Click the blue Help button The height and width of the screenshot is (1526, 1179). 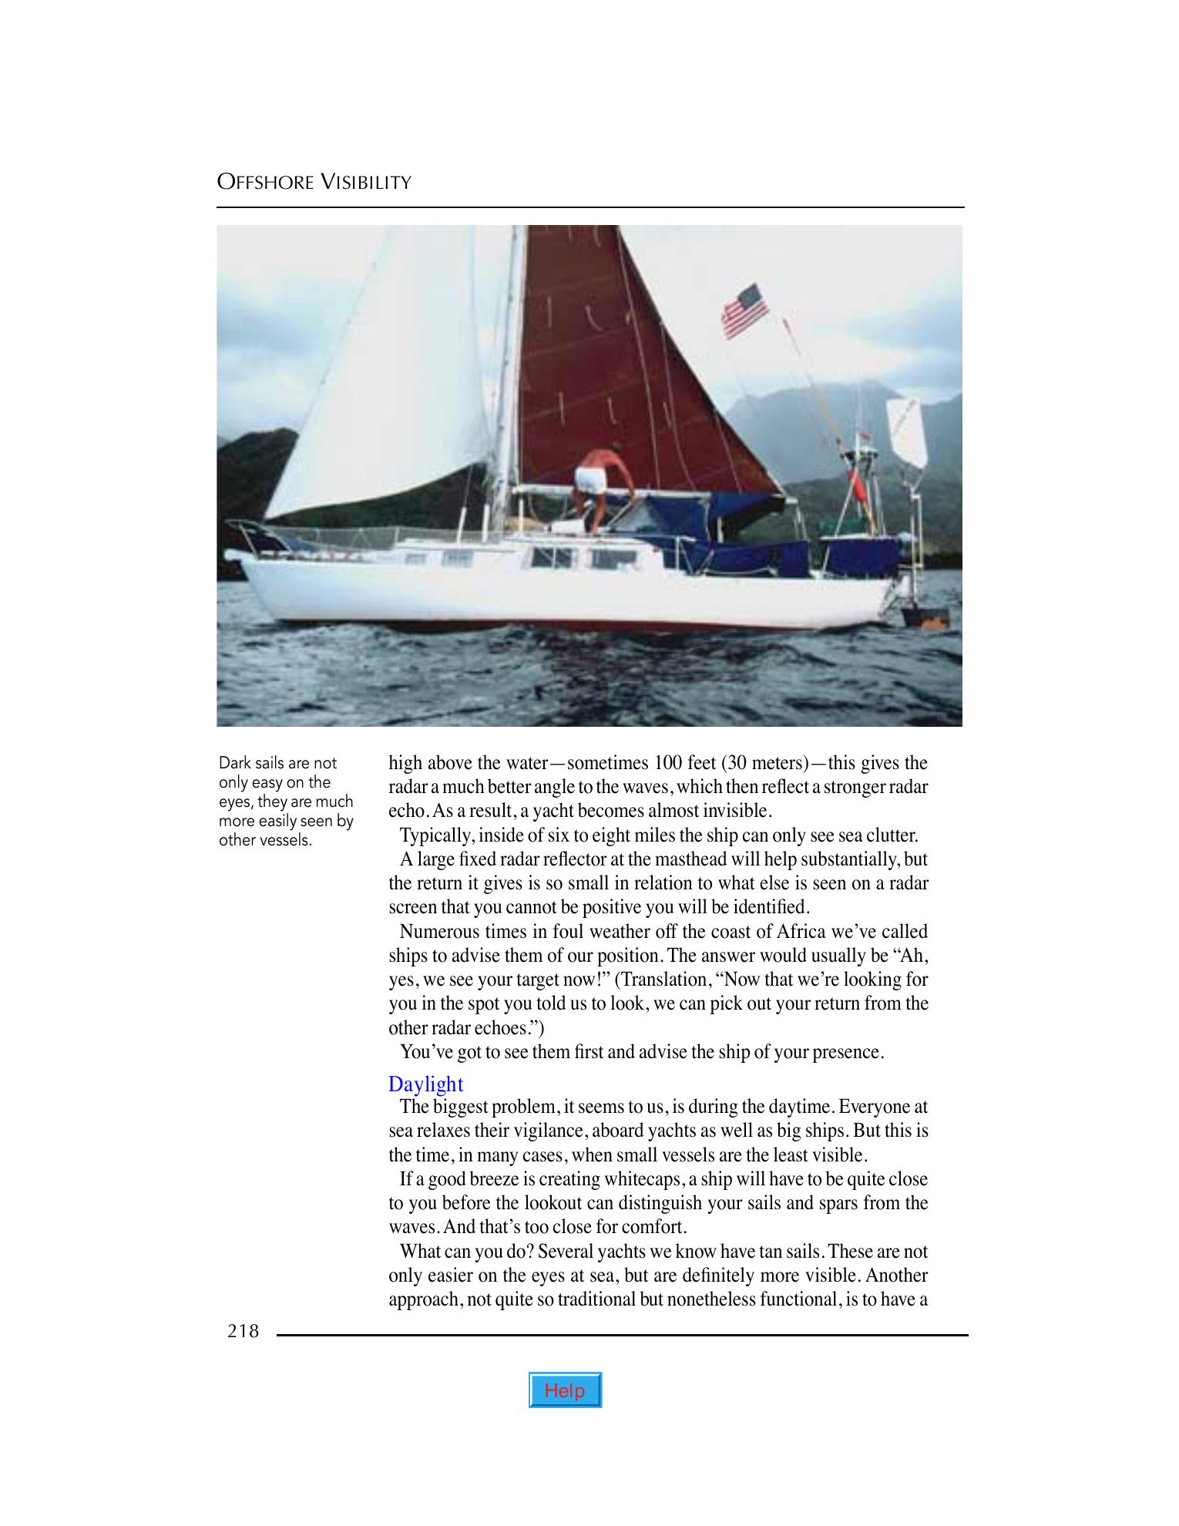tap(565, 1390)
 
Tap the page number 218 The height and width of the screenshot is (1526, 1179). tap(243, 1331)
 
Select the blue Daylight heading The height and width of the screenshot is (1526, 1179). tap(425, 1084)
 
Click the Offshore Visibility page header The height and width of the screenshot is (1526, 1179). tap(314, 182)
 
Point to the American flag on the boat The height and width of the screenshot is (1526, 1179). tap(744, 311)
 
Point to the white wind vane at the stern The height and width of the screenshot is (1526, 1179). tap(906, 432)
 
